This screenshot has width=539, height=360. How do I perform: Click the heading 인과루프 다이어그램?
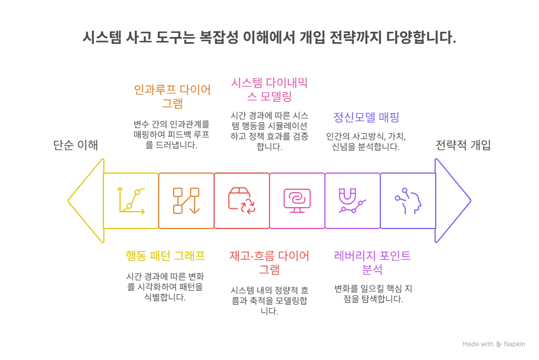pyautogui.click(x=172, y=96)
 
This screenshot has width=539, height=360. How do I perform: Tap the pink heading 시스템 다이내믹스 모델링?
pyautogui.click(x=269, y=89)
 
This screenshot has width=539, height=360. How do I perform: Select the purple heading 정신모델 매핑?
pyautogui.click(x=366, y=117)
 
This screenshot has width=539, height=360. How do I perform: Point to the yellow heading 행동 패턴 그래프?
pyautogui.click(x=166, y=255)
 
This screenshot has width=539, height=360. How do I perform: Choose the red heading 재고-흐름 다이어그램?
pyautogui.click(x=269, y=262)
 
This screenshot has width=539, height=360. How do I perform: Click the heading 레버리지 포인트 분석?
pyautogui.click(x=372, y=262)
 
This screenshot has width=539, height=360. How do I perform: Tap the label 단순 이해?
pyautogui.click(x=76, y=145)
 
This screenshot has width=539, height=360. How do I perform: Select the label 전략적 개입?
pyautogui.click(x=463, y=145)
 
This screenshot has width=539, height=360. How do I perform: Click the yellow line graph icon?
pyautogui.click(x=132, y=201)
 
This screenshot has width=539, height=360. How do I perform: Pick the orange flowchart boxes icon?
pyautogui.click(x=186, y=201)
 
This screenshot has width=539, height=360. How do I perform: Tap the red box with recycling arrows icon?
pyautogui.click(x=242, y=201)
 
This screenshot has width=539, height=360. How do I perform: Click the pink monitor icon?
pyautogui.click(x=297, y=201)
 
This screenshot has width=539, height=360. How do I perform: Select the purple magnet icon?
pyautogui.click(x=352, y=201)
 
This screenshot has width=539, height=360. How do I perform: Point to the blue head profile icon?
pyautogui.click(x=407, y=201)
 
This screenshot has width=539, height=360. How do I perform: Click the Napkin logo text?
pyautogui.click(x=514, y=344)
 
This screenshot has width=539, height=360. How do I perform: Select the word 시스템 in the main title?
pyautogui.click(x=102, y=38)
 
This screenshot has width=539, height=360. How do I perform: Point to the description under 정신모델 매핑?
pyautogui.click(x=366, y=141)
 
